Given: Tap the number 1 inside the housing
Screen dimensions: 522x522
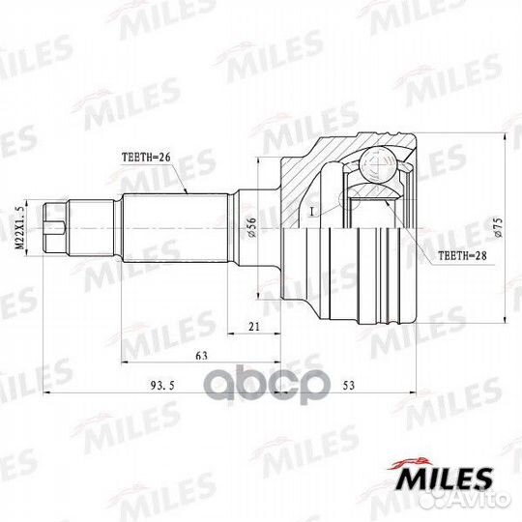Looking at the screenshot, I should pyautogui.click(x=312, y=210).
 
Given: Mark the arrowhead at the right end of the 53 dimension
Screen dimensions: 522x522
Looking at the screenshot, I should pyautogui.click(x=414, y=393).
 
